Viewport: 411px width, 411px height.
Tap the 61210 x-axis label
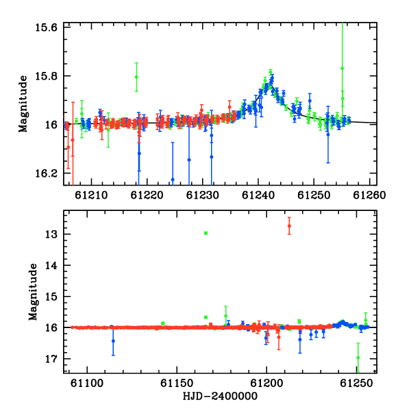click(x=91, y=195)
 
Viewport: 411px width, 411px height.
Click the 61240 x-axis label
click(x=258, y=195)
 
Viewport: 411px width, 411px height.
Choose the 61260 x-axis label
click(x=369, y=195)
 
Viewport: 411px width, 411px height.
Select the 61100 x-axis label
click(x=87, y=383)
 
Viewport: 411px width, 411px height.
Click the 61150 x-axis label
click(x=177, y=383)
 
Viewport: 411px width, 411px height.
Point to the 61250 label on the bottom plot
click(x=356, y=383)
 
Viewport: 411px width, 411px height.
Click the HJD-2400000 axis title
click(x=220, y=397)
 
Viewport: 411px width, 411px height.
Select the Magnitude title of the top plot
click(x=23, y=104)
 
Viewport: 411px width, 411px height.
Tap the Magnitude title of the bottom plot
click(x=33, y=292)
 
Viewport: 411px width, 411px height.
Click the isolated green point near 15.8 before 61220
click(x=136, y=77)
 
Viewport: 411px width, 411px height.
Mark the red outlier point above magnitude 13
click(x=289, y=226)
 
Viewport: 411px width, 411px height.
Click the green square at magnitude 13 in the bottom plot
click(x=206, y=233)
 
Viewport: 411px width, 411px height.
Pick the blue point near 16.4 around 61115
click(x=113, y=341)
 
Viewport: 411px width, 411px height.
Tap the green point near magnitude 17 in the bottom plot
click(x=358, y=358)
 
